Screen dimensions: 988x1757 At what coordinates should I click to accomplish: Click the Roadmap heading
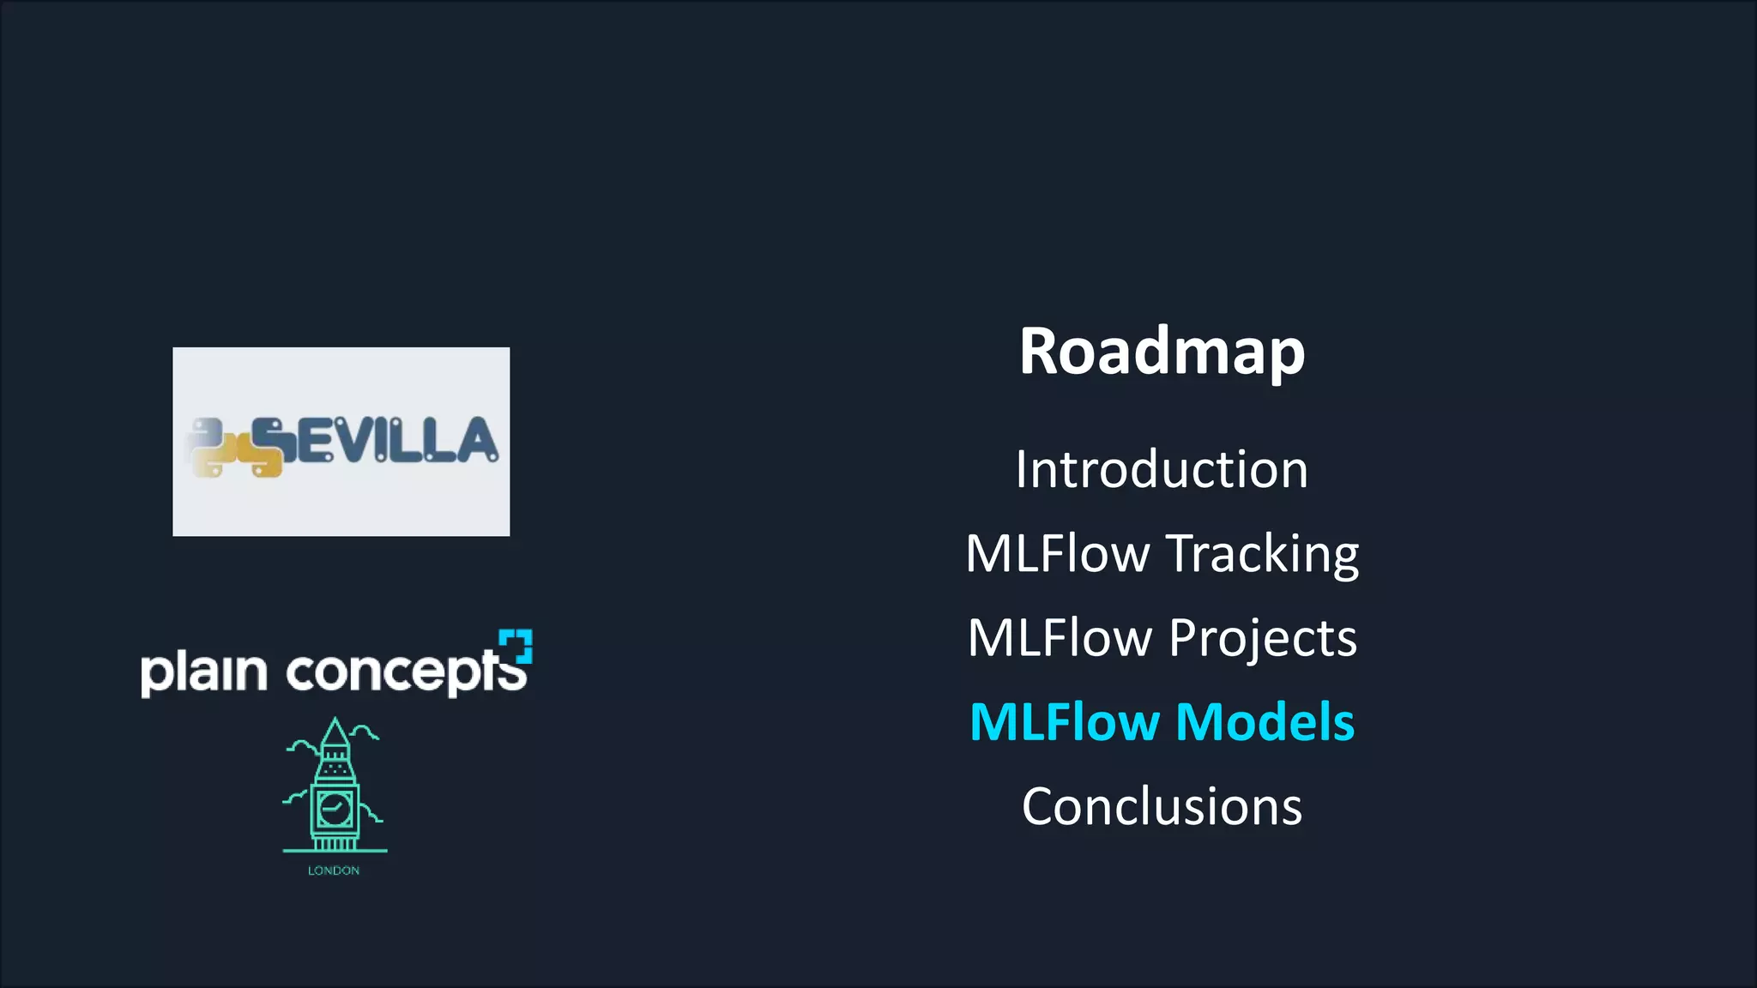[x=1162, y=352]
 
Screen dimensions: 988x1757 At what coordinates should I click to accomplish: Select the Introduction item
[x=1162, y=470]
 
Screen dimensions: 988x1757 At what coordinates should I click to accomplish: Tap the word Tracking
[x=1262, y=554]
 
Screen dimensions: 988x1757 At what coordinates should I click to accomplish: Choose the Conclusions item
[x=1162, y=807]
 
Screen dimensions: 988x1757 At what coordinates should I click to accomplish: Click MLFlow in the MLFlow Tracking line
[x=1057, y=554]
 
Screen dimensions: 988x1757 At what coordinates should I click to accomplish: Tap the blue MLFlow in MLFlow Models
[x=1064, y=722]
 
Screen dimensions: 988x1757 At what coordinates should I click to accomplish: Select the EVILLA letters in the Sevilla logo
[x=395, y=441]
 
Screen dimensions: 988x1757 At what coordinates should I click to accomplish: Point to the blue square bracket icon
[x=516, y=646]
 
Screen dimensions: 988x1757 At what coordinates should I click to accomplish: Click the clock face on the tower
[x=334, y=808]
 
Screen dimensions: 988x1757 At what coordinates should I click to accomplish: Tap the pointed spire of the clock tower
[x=335, y=733]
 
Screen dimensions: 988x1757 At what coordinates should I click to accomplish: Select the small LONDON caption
[x=334, y=871]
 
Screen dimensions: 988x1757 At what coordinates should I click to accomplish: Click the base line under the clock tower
[x=335, y=851]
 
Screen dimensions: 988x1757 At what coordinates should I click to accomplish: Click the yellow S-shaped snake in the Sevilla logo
[x=269, y=446]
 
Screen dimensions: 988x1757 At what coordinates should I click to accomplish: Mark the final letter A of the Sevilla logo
[x=476, y=441]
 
